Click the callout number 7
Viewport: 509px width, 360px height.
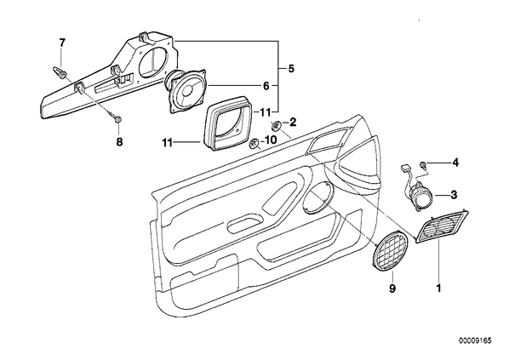click(x=62, y=43)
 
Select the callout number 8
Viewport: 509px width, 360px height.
click(x=120, y=141)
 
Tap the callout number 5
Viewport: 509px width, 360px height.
click(x=291, y=69)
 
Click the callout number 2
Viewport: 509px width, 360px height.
click(x=293, y=123)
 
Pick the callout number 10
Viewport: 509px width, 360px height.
click(x=271, y=140)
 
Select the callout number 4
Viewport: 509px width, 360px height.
click(x=455, y=163)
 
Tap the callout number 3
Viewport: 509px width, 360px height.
click(x=454, y=195)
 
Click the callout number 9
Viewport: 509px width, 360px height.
click(x=392, y=288)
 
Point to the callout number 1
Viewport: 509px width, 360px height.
click(x=438, y=288)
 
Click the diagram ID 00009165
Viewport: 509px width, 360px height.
click(x=475, y=340)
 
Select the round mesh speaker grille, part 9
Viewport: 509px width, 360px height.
click(x=390, y=251)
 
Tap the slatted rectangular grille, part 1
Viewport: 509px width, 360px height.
click(x=442, y=226)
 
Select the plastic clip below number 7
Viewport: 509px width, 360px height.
click(x=59, y=73)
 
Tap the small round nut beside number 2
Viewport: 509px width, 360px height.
click(x=277, y=124)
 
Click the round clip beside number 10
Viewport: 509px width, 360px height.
click(x=254, y=143)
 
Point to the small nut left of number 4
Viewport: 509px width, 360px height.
click(x=423, y=164)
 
